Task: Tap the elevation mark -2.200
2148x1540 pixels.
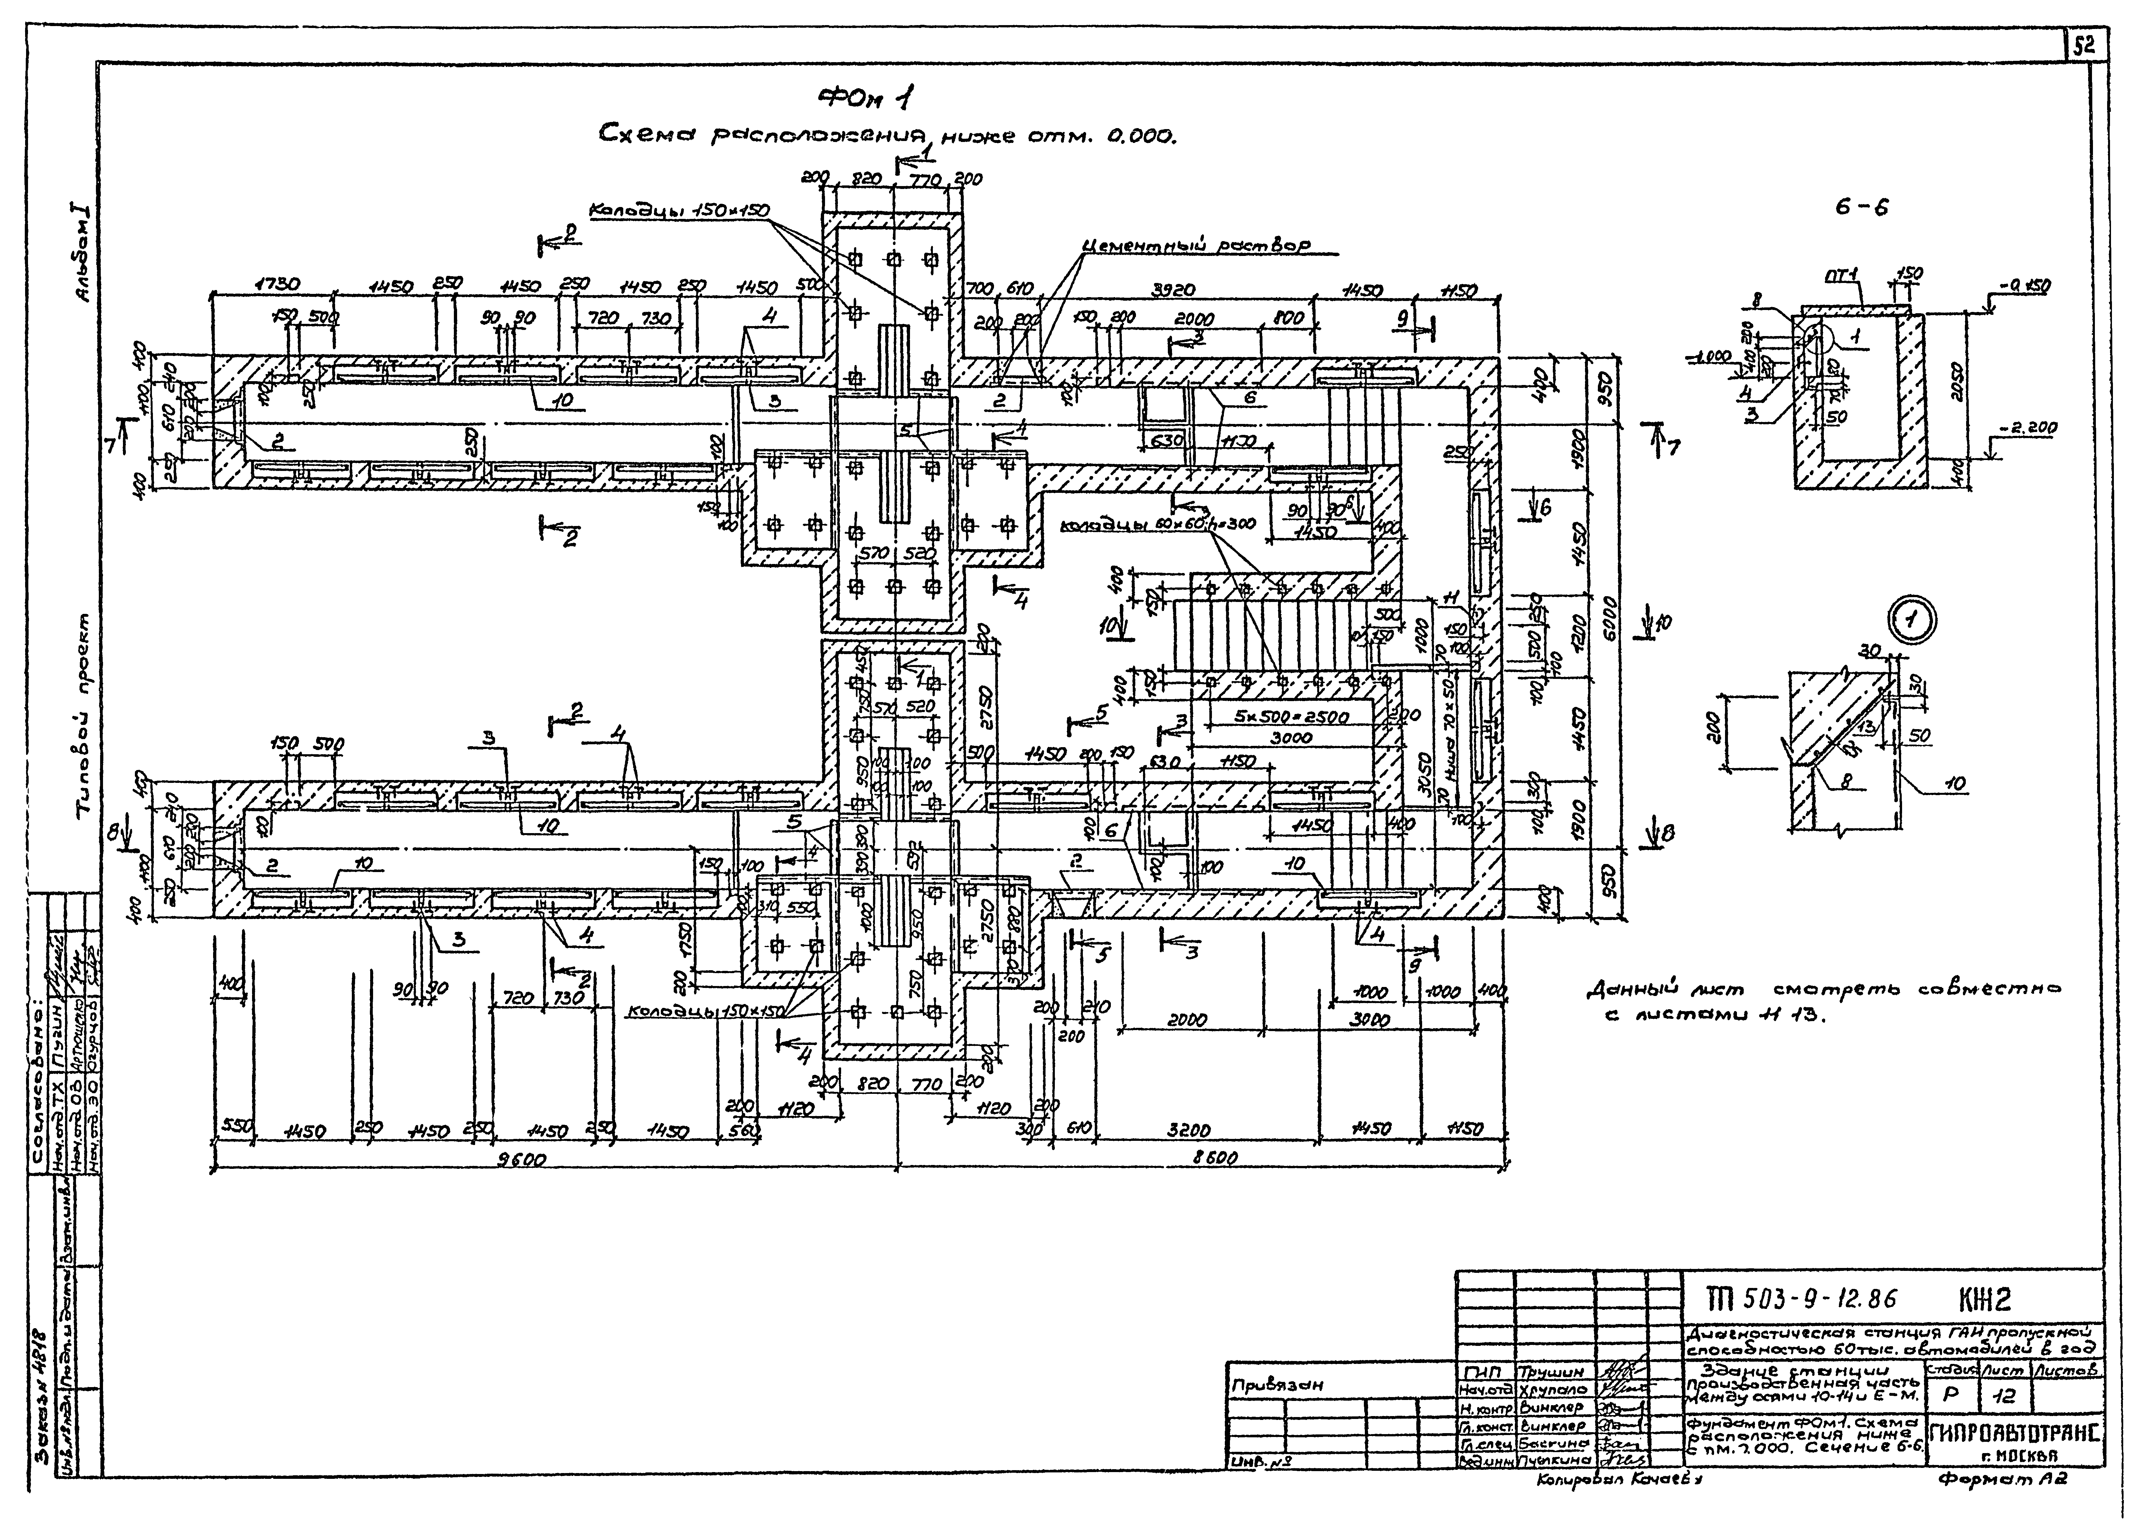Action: click(x=2029, y=428)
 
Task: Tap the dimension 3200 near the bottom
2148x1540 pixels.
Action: click(x=1190, y=1130)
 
